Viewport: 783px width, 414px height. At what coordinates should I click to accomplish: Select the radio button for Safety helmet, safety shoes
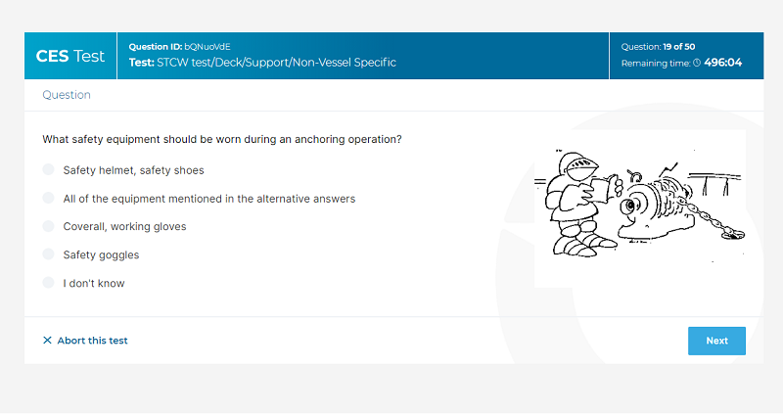click(48, 169)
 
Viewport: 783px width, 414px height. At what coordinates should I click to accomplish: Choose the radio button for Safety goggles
click(48, 254)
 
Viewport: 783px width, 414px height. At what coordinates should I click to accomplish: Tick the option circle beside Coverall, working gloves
click(48, 226)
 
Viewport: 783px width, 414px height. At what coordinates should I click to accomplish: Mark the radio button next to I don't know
click(48, 283)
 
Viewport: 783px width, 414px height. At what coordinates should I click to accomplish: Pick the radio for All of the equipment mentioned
click(48, 199)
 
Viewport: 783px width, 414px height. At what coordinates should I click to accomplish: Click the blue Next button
click(716, 341)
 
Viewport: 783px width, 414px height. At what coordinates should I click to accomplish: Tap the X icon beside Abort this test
click(47, 340)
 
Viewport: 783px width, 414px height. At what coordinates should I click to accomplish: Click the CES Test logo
click(70, 56)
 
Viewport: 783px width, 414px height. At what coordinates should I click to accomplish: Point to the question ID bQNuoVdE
click(207, 46)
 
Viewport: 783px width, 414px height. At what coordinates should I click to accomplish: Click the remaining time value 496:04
click(723, 63)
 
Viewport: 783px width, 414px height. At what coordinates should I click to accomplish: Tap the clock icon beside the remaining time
click(697, 63)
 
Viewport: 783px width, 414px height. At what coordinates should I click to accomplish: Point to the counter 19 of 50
click(679, 46)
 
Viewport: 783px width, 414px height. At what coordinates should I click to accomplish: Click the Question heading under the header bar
click(67, 95)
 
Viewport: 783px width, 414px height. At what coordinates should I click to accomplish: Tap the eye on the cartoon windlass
click(630, 206)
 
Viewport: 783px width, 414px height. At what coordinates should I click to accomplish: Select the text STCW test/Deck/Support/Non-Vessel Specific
click(277, 63)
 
